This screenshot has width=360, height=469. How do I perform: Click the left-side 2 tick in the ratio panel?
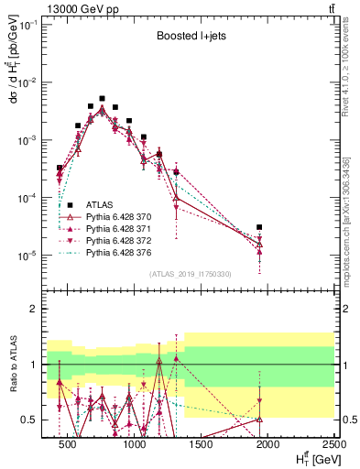[x=33, y=309]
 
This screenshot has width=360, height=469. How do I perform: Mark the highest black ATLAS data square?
[x=103, y=98]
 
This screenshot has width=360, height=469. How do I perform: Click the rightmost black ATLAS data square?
[x=259, y=226]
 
